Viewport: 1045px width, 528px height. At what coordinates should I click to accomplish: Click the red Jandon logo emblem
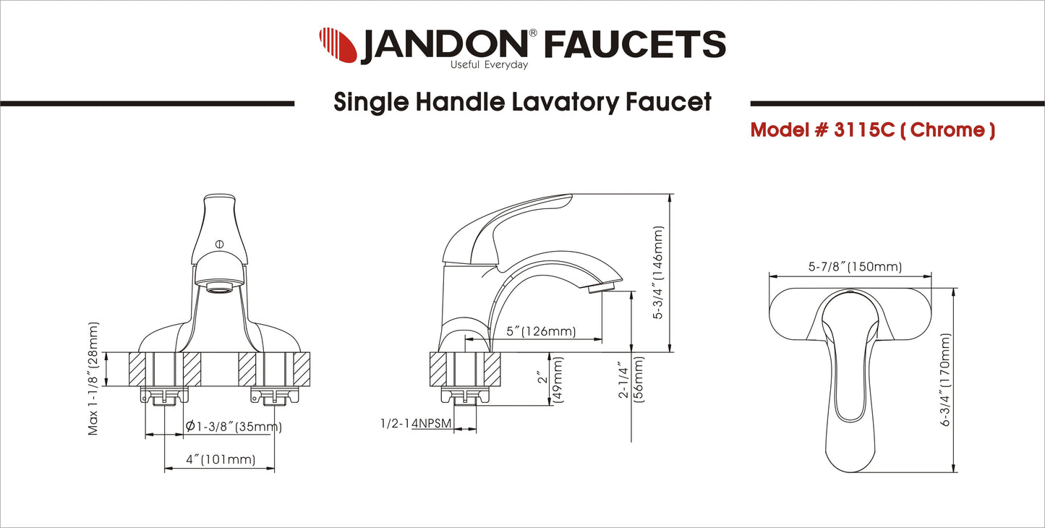(338, 45)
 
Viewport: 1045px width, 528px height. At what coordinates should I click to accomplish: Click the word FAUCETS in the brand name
(634, 45)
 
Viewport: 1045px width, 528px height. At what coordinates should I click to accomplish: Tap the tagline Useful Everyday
(489, 65)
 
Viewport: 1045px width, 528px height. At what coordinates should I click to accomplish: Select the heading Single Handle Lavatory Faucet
(522, 102)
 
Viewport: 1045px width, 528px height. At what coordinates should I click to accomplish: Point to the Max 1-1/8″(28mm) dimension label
(93, 378)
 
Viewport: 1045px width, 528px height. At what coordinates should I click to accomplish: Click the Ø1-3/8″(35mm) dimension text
(234, 427)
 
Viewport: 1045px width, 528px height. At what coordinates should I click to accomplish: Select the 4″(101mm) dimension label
(221, 459)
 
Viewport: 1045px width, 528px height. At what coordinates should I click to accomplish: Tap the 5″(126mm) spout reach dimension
(541, 332)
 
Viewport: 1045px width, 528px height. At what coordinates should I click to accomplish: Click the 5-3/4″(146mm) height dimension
(659, 273)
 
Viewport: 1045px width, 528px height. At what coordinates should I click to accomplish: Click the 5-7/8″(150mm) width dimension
(855, 267)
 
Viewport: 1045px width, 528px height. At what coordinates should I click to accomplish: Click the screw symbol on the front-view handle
(219, 244)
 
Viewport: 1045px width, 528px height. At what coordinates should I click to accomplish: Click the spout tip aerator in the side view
(601, 289)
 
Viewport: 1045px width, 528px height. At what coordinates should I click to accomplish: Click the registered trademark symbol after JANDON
(532, 33)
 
